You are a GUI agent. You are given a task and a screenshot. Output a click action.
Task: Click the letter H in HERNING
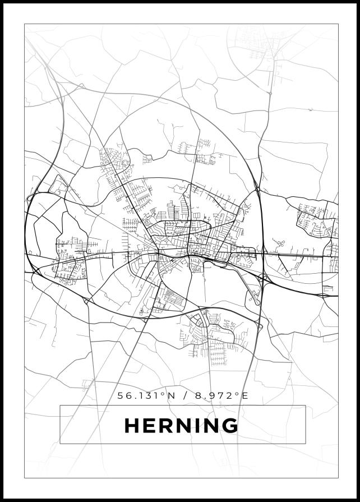132,426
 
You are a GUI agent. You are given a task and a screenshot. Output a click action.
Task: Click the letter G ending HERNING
230,426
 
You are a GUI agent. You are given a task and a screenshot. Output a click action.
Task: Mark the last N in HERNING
210,426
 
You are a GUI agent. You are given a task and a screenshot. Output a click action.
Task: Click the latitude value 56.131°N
146,395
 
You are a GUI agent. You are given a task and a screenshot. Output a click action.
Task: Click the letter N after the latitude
172,395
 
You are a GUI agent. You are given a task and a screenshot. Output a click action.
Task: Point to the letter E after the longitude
244,395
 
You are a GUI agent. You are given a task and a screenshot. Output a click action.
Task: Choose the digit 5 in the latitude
121,395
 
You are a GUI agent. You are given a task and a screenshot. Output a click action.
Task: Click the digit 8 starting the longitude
199,395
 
